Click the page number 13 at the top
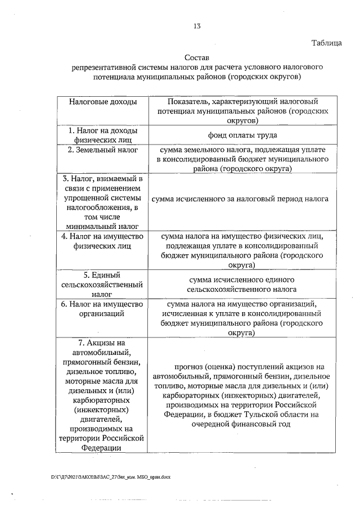(x=197, y=26)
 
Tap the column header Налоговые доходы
(x=103, y=101)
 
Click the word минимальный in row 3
(x=88, y=226)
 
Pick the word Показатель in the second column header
(x=186, y=101)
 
